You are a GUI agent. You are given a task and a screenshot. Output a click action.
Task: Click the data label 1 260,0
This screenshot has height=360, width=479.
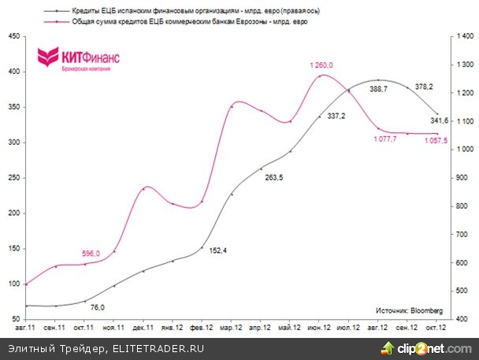click(321, 65)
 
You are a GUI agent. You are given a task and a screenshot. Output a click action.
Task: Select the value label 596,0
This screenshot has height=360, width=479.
click(91, 253)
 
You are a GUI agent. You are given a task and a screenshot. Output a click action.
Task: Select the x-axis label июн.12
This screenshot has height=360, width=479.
click(319, 325)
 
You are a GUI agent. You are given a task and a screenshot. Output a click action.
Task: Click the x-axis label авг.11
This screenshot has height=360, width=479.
click(26, 325)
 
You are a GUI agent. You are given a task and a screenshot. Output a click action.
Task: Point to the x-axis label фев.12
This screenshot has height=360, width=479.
click(202, 325)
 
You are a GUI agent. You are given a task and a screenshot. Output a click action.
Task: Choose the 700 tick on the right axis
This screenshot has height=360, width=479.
click(459, 234)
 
